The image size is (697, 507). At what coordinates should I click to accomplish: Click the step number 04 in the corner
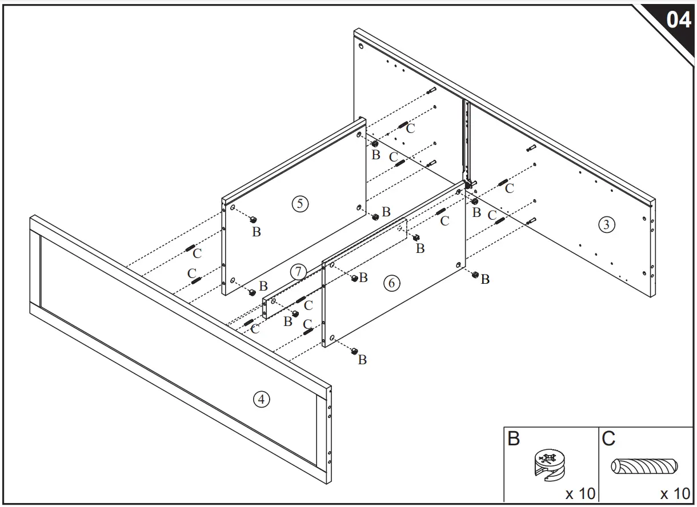(678, 20)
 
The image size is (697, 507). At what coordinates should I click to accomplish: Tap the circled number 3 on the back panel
(606, 224)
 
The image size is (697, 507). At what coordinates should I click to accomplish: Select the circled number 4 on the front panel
(261, 399)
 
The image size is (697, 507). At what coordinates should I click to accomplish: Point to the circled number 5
(299, 203)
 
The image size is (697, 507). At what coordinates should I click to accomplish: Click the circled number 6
(391, 283)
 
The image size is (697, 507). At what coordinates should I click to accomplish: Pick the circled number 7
(298, 272)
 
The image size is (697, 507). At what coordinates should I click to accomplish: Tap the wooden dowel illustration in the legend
(644, 466)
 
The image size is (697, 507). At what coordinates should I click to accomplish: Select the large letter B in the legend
(514, 439)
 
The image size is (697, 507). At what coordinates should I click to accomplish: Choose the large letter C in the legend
(608, 439)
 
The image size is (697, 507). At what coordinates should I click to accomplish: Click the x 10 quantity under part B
(580, 493)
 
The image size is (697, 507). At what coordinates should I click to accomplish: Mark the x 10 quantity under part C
(675, 493)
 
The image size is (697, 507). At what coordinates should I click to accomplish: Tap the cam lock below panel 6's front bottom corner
(354, 350)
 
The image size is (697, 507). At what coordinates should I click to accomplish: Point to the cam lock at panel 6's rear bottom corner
(475, 275)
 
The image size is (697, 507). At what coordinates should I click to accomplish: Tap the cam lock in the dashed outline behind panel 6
(416, 237)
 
